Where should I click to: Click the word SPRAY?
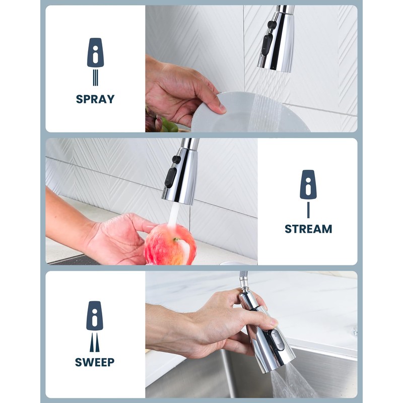point(95,99)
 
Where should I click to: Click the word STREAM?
point(308,229)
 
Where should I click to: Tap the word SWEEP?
point(95,362)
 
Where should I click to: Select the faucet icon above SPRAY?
point(95,53)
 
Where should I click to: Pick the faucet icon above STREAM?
point(308,184)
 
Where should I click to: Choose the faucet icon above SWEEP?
point(95,316)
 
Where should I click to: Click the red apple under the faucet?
point(170,245)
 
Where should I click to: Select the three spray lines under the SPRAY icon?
point(95,78)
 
